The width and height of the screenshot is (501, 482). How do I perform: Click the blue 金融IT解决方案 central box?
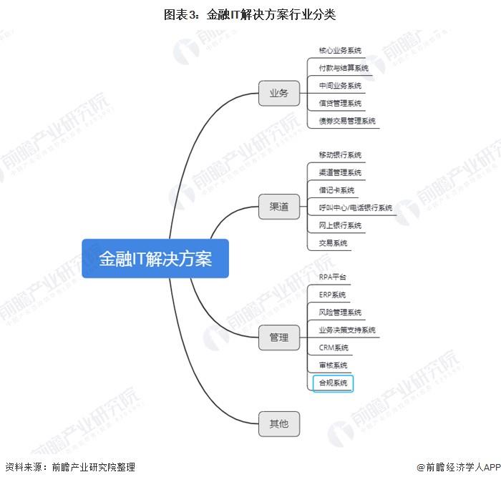click(155, 258)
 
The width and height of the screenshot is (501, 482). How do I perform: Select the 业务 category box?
click(279, 93)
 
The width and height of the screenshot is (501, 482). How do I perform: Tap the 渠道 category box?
click(279, 207)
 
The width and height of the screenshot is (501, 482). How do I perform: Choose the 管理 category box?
click(279, 338)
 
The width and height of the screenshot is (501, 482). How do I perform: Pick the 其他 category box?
click(279, 424)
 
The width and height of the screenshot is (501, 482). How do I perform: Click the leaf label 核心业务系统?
click(340, 51)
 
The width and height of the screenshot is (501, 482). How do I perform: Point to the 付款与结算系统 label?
click(344, 68)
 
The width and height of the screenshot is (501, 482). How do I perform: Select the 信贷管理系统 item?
click(340, 103)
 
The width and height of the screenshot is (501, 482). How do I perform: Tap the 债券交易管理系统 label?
click(347, 121)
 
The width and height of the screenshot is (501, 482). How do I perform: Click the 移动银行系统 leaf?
click(340, 154)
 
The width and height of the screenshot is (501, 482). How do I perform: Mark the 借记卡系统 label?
click(336, 190)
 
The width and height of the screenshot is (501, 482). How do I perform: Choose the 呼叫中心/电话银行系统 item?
click(355, 208)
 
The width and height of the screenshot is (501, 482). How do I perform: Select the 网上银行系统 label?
click(340, 225)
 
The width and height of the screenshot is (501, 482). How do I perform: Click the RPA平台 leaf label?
click(332, 277)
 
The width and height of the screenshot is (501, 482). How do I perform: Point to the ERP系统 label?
click(332, 295)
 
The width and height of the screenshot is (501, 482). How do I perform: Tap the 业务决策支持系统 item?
click(347, 330)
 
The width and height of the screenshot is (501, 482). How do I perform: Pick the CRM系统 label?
click(334, 348)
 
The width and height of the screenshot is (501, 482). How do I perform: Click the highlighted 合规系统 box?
click(333, 383)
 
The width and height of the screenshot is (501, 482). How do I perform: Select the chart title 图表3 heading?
click(250, 15)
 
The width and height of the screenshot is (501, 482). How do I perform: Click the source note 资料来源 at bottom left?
click(70, 467)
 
